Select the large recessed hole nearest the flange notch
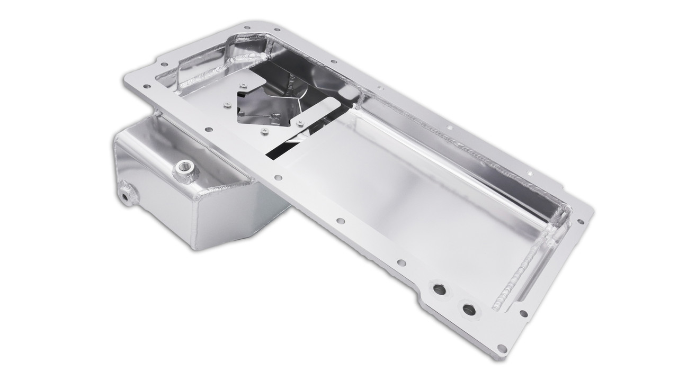tap(439, 289)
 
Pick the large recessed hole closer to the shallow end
tap(468, 309)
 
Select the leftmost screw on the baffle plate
tap(226, 104)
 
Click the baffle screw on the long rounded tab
tap(301, 123)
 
